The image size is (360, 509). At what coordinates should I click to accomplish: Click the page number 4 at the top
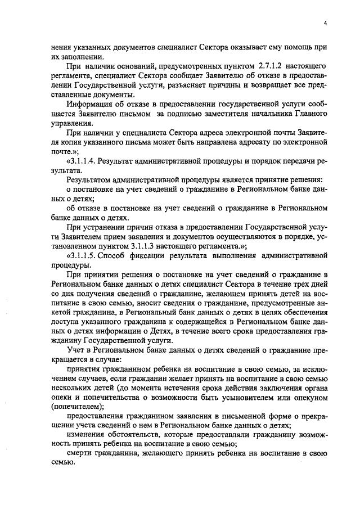click(x=326, y=23)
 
